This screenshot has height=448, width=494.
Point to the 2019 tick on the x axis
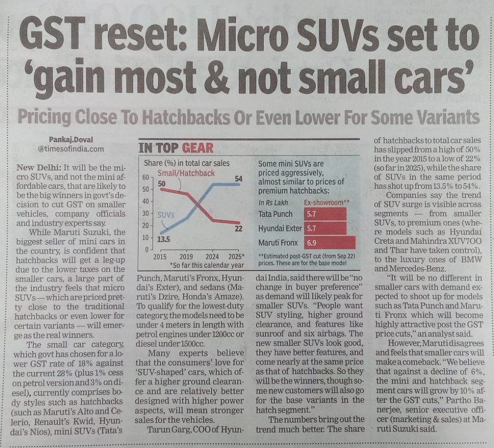186,257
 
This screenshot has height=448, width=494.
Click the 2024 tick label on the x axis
212,257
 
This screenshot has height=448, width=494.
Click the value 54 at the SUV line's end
238,179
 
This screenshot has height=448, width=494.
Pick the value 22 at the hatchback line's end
238,228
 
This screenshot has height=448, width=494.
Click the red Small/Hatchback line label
186,173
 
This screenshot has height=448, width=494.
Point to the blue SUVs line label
166,215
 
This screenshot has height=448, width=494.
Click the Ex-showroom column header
326,203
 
